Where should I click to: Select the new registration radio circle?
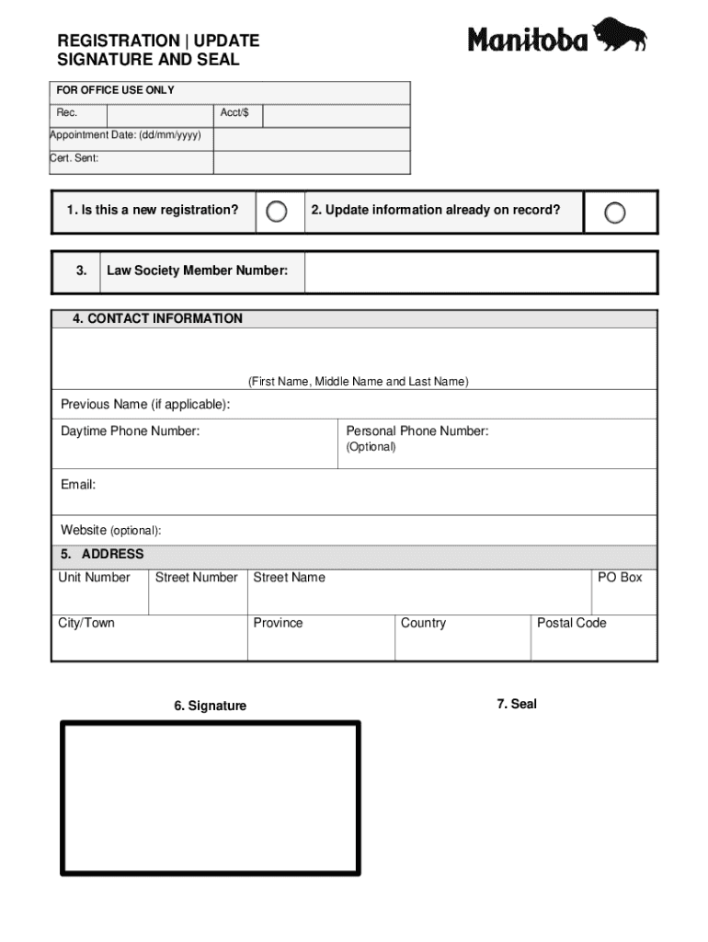pyautogui.click(x=277, y=212)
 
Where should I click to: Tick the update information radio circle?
pyautogui.click(x=615, y=213)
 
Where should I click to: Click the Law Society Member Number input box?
pyautogui.click(x=480, y=271)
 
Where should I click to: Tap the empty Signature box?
pyautogui.click(x=211, y=798)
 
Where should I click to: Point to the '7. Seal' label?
pyautogui.click(x=517, y=704)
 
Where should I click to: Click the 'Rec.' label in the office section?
pyautogui.click(x=67, y=113)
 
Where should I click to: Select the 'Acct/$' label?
pyautogui.click(x=234, y=113)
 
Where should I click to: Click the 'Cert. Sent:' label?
pyautogui.click(x=74, y=158)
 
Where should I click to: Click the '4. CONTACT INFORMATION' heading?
pyautogui.click(x=158, y=318)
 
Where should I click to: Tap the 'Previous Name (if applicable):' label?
pyautogui.click(x=145, y=405)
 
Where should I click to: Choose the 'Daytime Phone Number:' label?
pyautogui.click(x=130, y=431)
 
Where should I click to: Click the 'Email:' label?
pyautogui.click(x=78, y=485)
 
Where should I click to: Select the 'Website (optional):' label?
pyautogui.click(x=111, y=531)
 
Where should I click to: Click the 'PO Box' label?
pyautogui.click(x=620, y=578)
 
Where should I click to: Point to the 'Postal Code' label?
pyautogui.click(x=571, y=623)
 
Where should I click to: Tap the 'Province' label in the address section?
pyautogui.click(x=278, y=623)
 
